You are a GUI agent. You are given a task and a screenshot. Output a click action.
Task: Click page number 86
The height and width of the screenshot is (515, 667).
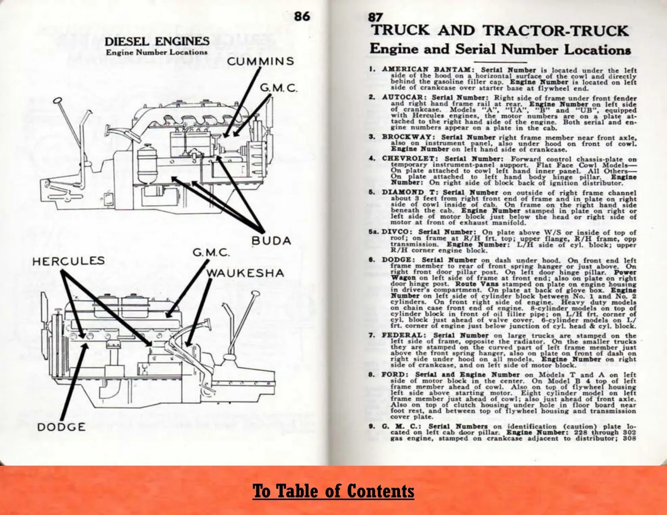point(302,16)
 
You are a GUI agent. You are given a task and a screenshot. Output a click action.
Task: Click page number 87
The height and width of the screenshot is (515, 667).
point(375,18)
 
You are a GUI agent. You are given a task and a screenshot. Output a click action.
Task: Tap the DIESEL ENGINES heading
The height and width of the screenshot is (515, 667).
point(157,42)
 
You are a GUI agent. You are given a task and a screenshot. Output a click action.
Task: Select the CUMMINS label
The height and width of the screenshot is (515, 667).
point(261,61)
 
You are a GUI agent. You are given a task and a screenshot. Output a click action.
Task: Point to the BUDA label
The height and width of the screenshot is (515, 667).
point(271,241)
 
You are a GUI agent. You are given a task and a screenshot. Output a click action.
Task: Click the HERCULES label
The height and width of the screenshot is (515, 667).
point(69,261)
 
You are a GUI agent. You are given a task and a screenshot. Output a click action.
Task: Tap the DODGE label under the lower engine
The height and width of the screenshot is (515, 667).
point(61,427)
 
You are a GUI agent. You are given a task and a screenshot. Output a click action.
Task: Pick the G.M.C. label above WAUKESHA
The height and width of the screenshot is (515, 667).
point(210,253)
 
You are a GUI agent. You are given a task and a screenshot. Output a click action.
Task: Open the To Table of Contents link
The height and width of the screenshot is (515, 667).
point(333,491)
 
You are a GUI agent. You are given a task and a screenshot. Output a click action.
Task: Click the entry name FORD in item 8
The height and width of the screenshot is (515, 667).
point(391,375)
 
